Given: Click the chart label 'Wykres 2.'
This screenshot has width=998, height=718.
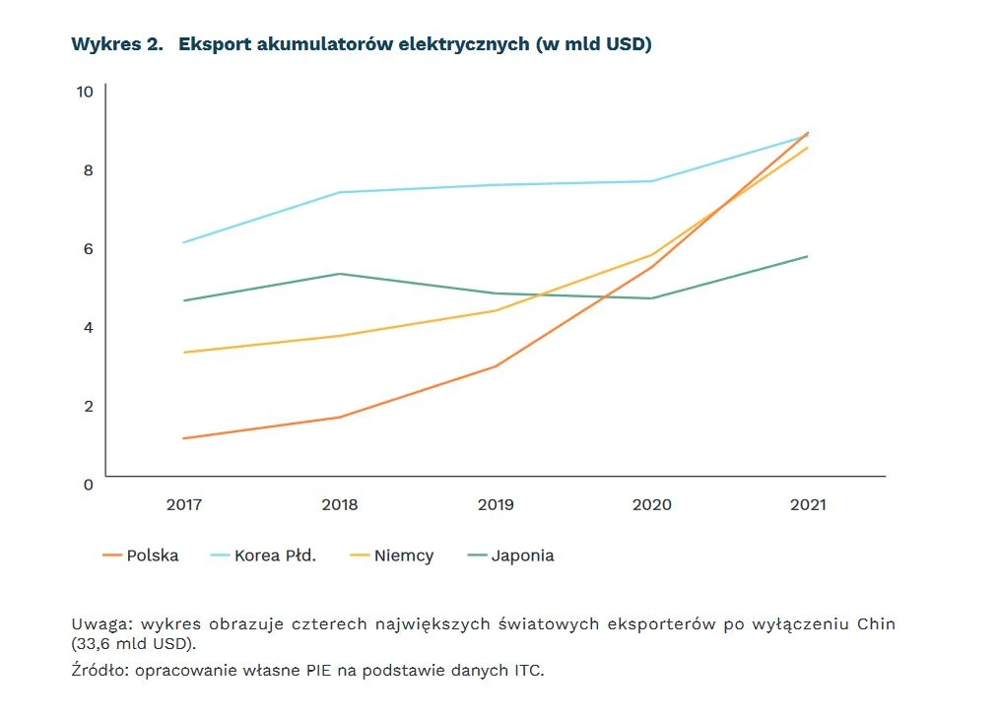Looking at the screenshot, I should [116, 45].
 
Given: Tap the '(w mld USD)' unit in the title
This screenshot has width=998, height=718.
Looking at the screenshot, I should [593, 45].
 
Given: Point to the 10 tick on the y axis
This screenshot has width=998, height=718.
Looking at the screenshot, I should [84, 92].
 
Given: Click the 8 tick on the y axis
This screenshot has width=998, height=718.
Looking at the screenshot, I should [88, 170].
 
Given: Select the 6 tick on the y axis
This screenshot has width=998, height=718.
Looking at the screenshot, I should [88, 248].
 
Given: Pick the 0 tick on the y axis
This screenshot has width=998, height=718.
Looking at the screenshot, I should [88, 485].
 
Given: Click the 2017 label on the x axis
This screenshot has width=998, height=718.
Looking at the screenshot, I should [184, 505].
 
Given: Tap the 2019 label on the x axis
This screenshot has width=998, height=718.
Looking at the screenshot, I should [496, 505].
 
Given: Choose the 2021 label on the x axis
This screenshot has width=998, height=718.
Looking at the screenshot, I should [808, 505].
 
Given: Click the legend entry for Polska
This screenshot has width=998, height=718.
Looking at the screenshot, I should [141, 555].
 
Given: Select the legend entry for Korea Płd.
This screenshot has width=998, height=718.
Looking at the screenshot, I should [264, 555].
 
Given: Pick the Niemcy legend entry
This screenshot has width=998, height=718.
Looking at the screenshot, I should [392, 555].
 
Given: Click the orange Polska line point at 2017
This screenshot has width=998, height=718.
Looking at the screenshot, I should [184, 438].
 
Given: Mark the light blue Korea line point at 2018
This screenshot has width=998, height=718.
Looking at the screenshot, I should [340, 192].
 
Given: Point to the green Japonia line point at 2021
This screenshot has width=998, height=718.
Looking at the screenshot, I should [808, 256].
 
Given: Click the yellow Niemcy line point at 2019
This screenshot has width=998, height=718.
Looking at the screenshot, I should [496, 310].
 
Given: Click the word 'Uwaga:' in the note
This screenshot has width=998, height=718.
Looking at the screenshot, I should [101, 624].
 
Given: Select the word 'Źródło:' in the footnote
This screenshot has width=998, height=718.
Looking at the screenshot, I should [101, 671].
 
